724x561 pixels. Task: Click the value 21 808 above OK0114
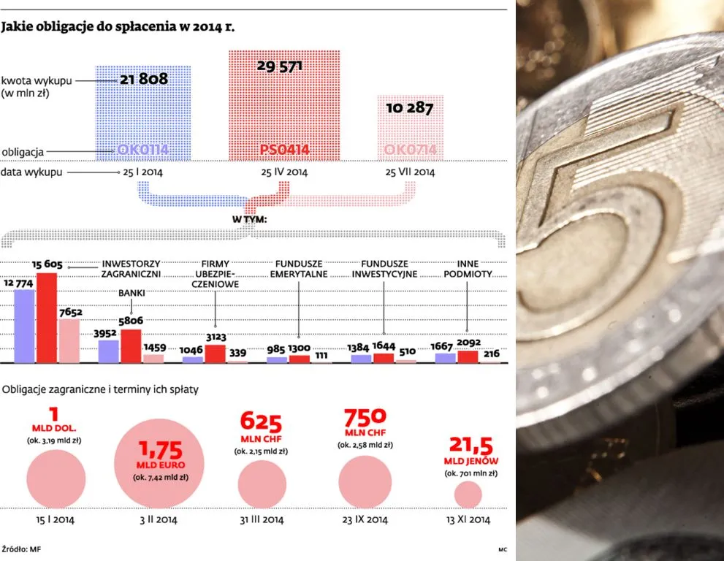coord(144,78)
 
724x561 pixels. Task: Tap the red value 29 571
coord(280,66)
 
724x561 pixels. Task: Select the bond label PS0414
coord(284,150)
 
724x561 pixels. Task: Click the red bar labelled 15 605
coord(47,318)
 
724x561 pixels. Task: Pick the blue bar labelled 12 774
coord(24,326)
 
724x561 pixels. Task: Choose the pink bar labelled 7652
coord(69,340)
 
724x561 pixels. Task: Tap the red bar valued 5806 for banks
coord(131,346)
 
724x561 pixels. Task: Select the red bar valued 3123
coord(215,354)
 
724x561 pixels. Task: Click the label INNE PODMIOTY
coord(468,269)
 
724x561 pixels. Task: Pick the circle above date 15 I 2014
coord(56,479)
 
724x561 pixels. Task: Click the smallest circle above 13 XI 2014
coord(468,495)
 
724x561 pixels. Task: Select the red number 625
coord(261,421)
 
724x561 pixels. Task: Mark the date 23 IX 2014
coord(365,520)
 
